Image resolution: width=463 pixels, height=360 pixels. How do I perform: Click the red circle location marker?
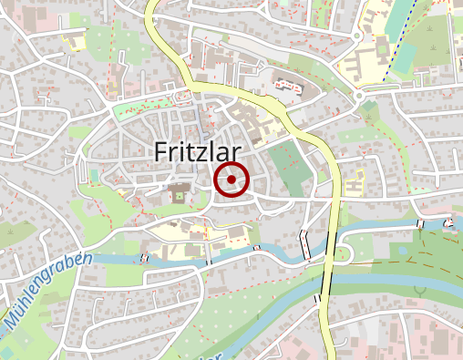(231, 180)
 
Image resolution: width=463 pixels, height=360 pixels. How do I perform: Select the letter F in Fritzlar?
(161, 151)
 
